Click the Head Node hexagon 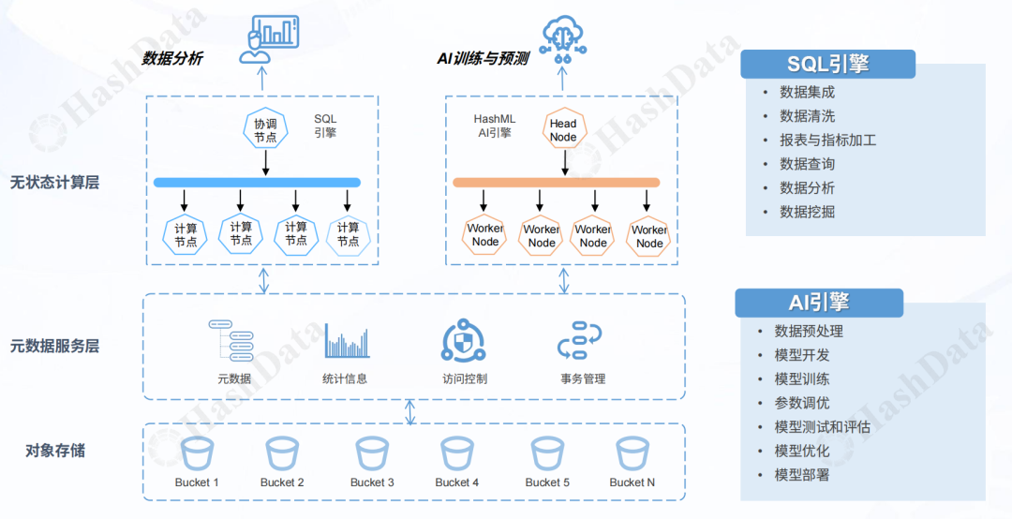[563, 130]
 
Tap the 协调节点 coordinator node [265, 130]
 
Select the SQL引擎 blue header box [827, 64]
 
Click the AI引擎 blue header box [818, 303]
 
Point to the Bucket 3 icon [372, 454]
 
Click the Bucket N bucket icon [632, 454]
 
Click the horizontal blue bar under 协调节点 [258, 182]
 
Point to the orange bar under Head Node [557, 182]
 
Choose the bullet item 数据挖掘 [807, 212]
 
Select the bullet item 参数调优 [801, 403]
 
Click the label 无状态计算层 [54, 183]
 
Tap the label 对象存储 [54, 451]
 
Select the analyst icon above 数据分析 [268, 38]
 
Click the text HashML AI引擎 [494, 126]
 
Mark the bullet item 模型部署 [801, 475]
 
